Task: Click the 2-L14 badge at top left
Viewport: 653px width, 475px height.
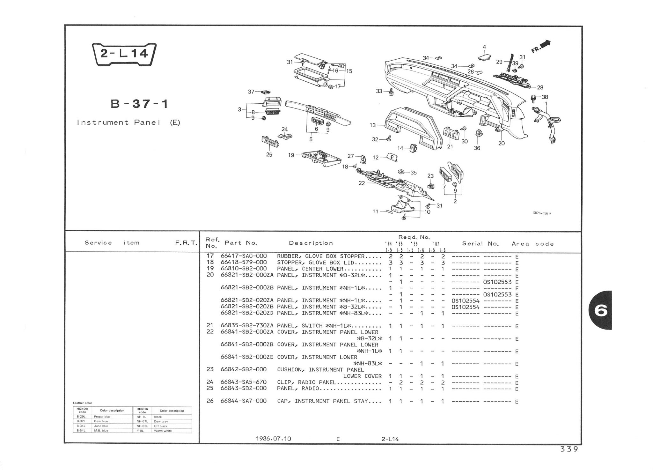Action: [x=124, y=54]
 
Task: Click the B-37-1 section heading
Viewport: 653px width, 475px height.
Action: [x=139, y=104]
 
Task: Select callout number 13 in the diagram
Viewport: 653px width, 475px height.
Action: [x=372, y=125]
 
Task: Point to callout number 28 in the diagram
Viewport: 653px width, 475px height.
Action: [x=540, y=87]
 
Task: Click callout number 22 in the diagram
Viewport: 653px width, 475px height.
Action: [x=362, y=183]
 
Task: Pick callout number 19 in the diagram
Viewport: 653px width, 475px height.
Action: [x=291, y=155]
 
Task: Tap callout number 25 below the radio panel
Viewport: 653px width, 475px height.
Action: [x=269, y=155]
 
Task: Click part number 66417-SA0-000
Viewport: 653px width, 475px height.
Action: [x=244, y=256]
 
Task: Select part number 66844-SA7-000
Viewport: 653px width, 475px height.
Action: [x=244, y=401]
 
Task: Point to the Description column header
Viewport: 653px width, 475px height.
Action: [x=311, y=243]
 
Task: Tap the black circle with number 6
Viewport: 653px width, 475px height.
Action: [x=601, y=310]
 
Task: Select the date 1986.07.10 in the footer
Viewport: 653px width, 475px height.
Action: [x=273, y=439]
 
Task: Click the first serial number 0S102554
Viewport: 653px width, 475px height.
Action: [x=465, y=301]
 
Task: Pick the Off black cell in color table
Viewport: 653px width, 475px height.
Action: [x=161, y=426]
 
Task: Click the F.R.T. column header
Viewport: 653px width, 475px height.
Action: [x=186, y=243]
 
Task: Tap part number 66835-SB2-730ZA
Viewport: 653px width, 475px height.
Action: [x=247, y=326]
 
